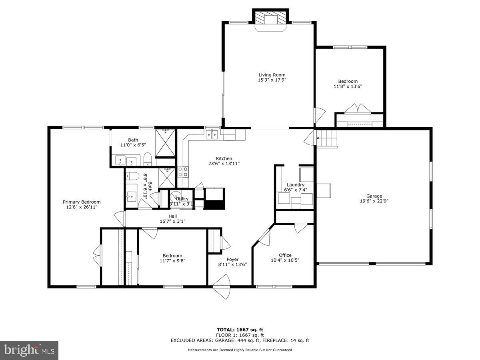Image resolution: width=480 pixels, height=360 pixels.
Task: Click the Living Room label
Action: (x=272, y=75)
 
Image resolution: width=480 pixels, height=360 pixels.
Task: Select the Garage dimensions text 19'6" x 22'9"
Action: (x=374, y=201)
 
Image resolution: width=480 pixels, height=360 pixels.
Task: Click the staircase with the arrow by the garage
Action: (x=327, y=139)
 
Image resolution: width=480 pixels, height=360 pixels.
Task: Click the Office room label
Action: (x=285, y=255)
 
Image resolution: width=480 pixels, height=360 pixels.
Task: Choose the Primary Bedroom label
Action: (x=82, y=202)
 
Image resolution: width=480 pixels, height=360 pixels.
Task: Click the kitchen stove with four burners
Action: (x=183, y=172)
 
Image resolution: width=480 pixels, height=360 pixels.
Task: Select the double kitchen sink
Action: (x=212, y=135)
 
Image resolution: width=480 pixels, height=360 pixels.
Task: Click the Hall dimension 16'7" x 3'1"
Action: (x=172, y=221)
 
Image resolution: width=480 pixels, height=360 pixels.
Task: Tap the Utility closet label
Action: (x=182, y=199)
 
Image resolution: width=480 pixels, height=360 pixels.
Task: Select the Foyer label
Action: (x=232, y=260)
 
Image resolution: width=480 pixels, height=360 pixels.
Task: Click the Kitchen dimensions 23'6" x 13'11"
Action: (x=224, y=164)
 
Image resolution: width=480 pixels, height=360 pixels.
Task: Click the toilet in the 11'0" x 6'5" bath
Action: (x=147, y=159)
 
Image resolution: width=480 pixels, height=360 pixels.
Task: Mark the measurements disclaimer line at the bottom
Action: (x=240, y=350)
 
